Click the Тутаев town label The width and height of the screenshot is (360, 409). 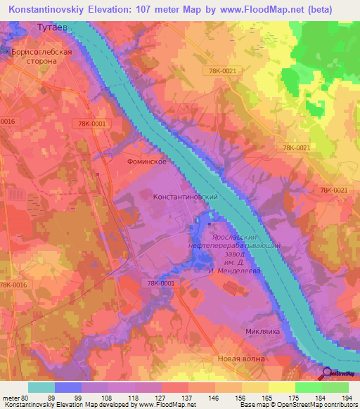tap(52, 27)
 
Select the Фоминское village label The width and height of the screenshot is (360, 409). tap(146, 162)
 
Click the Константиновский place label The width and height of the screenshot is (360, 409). tap(186, 197)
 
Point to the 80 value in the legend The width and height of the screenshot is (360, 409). tap(27, 397)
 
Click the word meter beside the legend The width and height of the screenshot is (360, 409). tap(11, 397)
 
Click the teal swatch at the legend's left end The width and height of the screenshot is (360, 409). tap(41, 387)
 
